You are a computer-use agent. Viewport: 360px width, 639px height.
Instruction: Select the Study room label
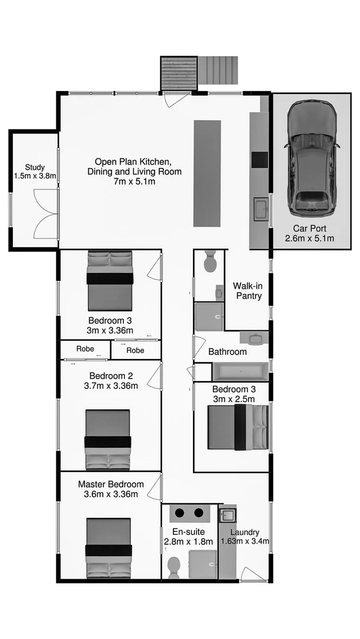35,167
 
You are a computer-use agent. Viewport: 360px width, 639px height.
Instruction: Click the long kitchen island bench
207,173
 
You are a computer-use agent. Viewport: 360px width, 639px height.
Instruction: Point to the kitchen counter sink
260,209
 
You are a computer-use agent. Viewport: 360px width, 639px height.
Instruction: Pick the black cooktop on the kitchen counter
259,160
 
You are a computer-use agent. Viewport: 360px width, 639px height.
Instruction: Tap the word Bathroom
227,351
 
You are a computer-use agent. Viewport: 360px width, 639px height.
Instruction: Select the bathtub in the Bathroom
240,372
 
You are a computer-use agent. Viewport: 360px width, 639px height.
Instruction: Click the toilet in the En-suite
174,567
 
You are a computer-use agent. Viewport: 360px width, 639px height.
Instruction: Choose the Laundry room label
245,532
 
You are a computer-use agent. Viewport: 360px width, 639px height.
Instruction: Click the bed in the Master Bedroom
108,547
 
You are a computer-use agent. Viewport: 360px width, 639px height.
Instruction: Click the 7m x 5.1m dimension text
134,182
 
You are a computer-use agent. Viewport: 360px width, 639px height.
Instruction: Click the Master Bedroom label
111,485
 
